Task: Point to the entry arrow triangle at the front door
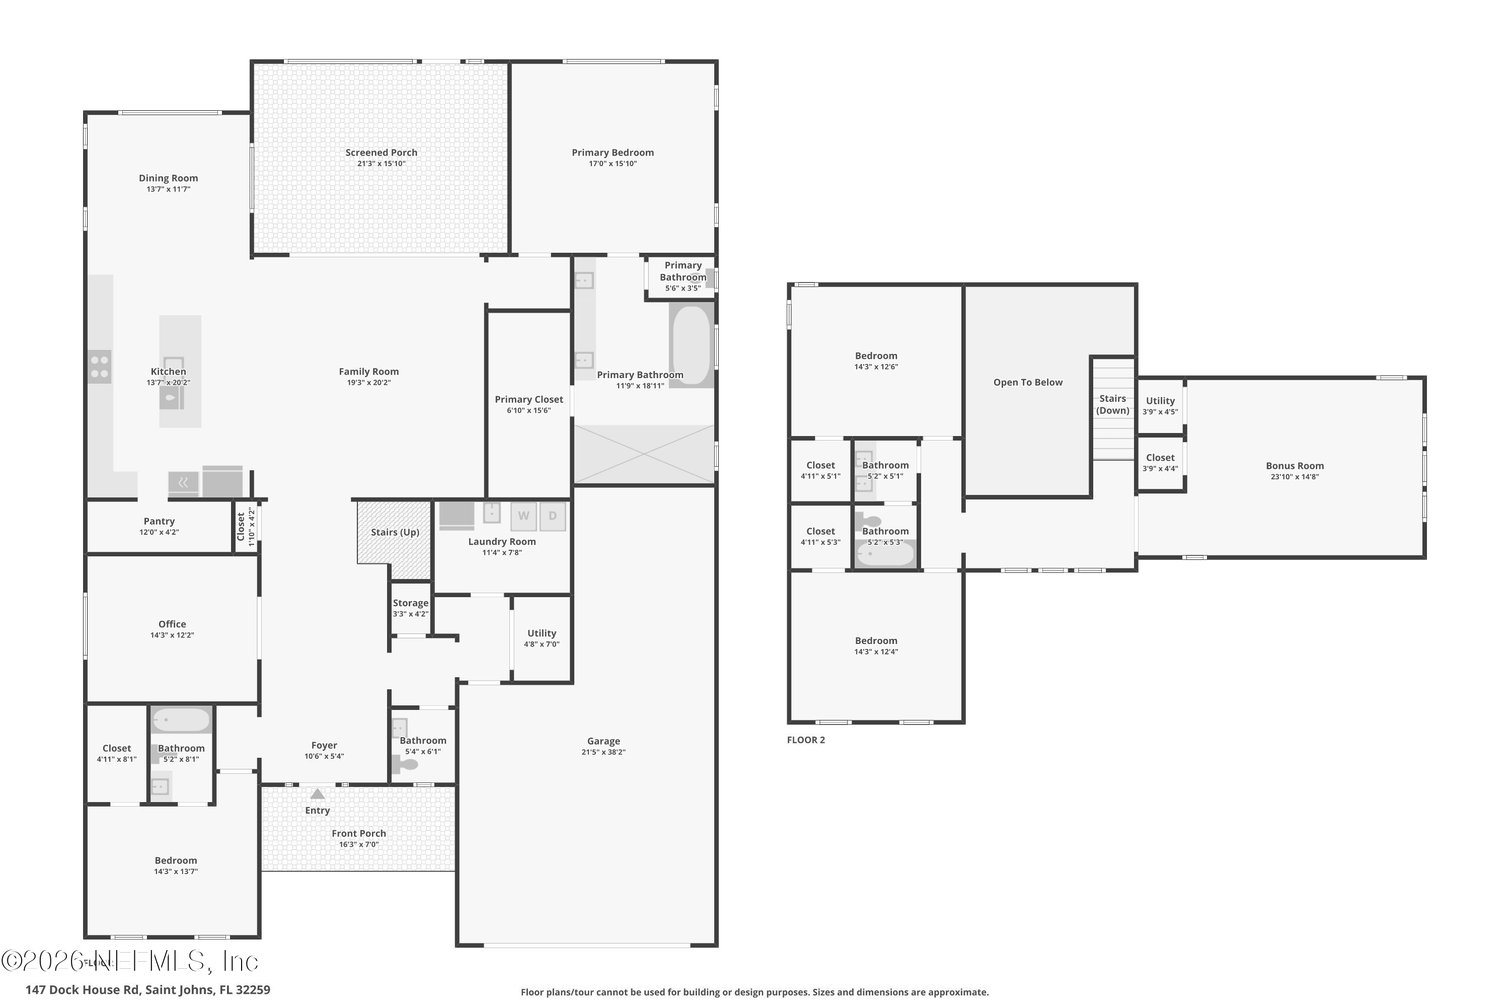click(x=317, y=795)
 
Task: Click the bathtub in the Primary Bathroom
click(x=691, y=345)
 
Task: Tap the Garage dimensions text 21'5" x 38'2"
click(x=603, y=752)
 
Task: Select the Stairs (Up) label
click(x=395, y=532)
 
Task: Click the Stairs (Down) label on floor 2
click(x=1112, y=405)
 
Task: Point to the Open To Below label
click(x=1028, y=383)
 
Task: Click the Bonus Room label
click(x=1294, y=466)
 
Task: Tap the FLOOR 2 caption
click(x=806, y=740)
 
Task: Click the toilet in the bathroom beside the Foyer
click(x=405, y=765)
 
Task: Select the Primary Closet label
click(x=528, y=399)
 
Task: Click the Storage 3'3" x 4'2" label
click(x=410, y=608)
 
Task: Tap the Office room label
click(x=172, y=624)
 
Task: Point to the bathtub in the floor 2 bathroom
click(x=885, y=553)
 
